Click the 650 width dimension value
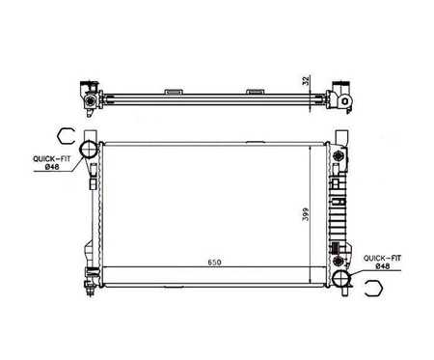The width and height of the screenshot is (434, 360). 214,263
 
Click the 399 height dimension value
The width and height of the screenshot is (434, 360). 306,214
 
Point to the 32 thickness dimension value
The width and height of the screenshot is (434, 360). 307,80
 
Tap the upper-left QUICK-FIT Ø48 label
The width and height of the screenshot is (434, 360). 51,162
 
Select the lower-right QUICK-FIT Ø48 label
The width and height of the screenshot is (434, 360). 382,262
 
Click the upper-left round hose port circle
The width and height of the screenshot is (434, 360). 89,150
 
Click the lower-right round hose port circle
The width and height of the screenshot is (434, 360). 340,279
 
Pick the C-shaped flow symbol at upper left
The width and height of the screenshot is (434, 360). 66,136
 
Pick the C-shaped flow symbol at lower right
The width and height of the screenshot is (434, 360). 374,288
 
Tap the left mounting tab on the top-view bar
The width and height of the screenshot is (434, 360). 174,92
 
